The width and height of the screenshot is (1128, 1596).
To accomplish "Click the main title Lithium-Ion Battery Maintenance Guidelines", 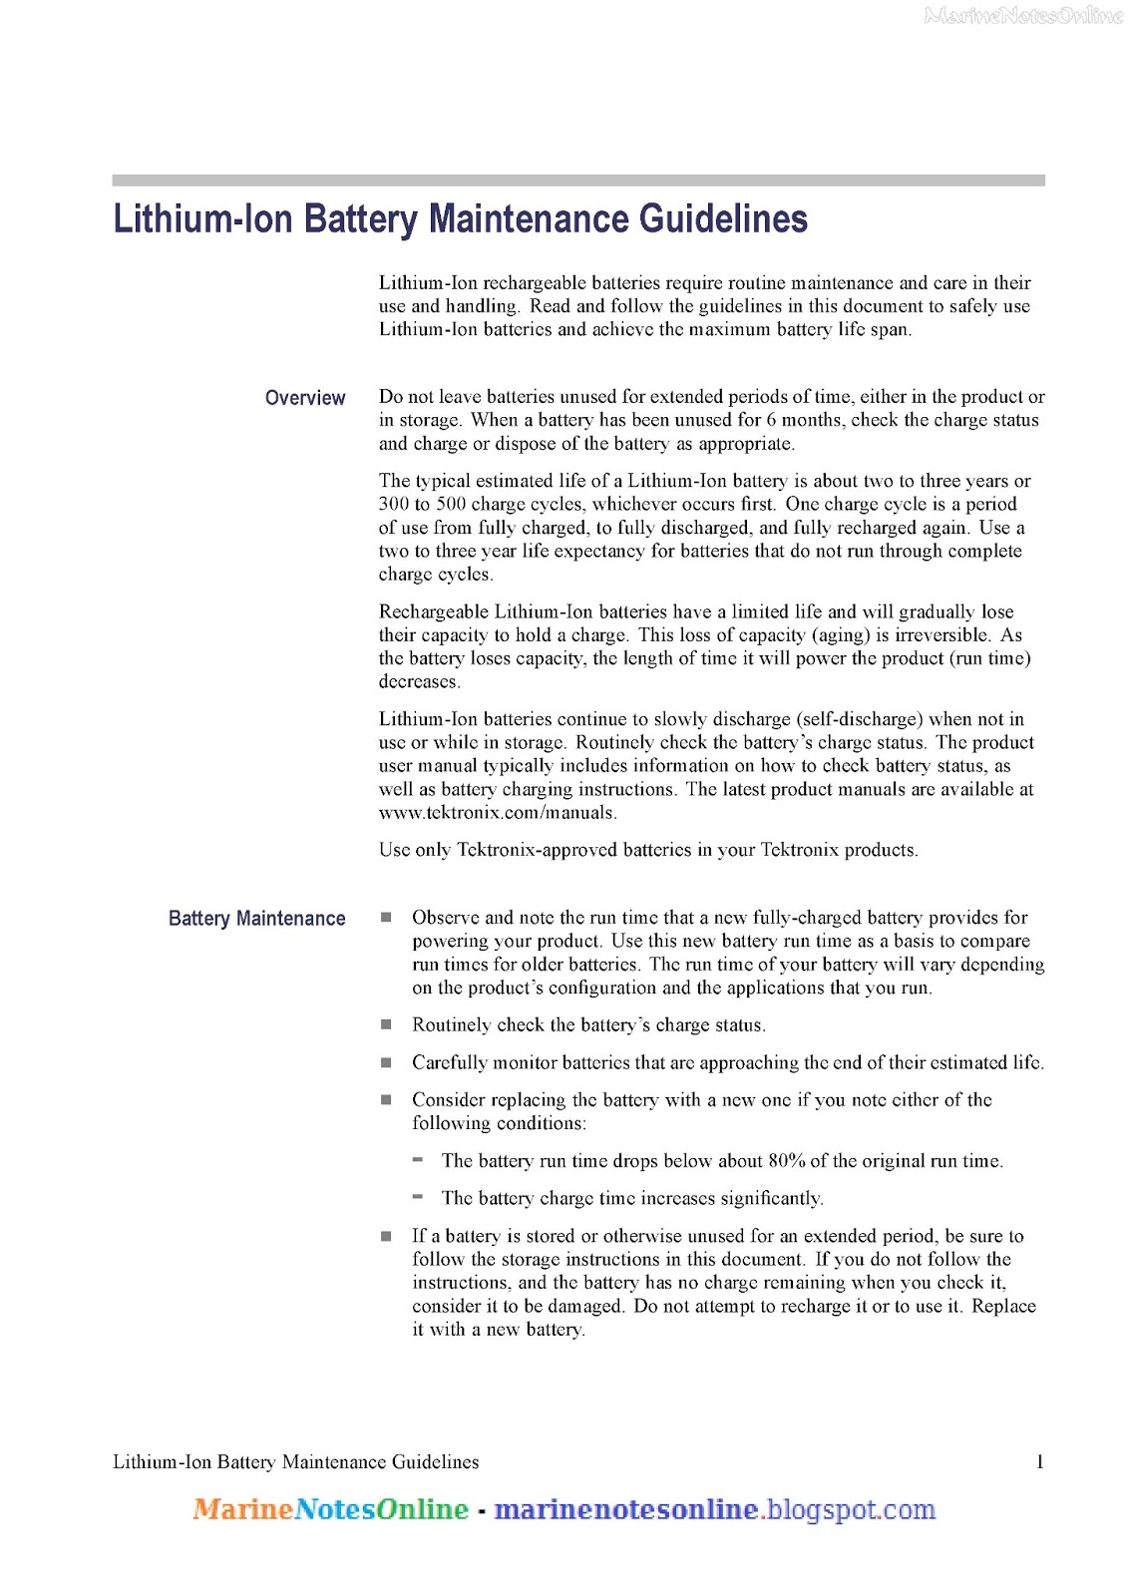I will click(460, 219).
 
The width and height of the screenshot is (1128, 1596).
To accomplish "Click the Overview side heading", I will click(305, 398).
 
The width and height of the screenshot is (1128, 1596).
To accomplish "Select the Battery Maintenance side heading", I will click(257, 919).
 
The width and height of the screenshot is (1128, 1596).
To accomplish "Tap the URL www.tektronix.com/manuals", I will click(497, 813).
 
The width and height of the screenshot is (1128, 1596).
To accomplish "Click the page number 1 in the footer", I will click(1040, 1462).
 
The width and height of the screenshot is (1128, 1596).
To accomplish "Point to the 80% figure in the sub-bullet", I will click(787, 1161).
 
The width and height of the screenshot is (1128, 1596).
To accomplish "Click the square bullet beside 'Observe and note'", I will click(386, 917).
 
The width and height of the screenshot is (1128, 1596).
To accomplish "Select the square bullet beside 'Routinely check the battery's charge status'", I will click(386, 1024).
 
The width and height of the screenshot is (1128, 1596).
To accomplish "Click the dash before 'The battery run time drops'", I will click(418, 1160).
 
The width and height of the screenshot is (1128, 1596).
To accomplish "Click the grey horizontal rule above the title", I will click(578, 181).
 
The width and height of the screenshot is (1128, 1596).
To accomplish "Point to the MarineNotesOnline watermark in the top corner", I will click(1023, 15).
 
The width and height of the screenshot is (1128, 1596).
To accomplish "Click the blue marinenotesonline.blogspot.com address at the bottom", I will click(714, 1509).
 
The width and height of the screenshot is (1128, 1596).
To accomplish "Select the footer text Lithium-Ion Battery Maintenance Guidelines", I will click(295, 1462).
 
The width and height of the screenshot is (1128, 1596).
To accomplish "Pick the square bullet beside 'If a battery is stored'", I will click(386, 1236).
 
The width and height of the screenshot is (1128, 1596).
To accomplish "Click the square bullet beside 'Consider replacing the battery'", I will click(386, 1099).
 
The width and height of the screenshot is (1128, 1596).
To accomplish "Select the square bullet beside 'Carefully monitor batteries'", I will click(386, 1062).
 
